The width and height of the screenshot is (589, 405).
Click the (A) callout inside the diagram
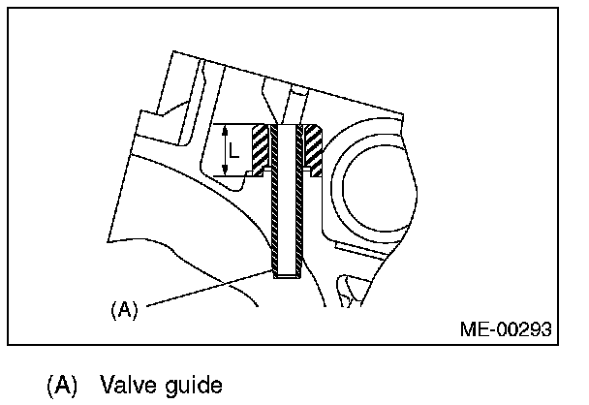coord(125,310)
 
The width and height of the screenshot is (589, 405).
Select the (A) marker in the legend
coord(61,386)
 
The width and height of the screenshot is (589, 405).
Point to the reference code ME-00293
coord(505,329)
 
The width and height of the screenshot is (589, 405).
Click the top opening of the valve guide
coord(286,127)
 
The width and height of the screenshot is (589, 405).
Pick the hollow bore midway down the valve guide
coord(286,203)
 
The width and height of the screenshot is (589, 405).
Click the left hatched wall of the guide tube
coord(277,203)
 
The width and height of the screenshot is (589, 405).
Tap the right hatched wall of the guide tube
coord(295,203)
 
